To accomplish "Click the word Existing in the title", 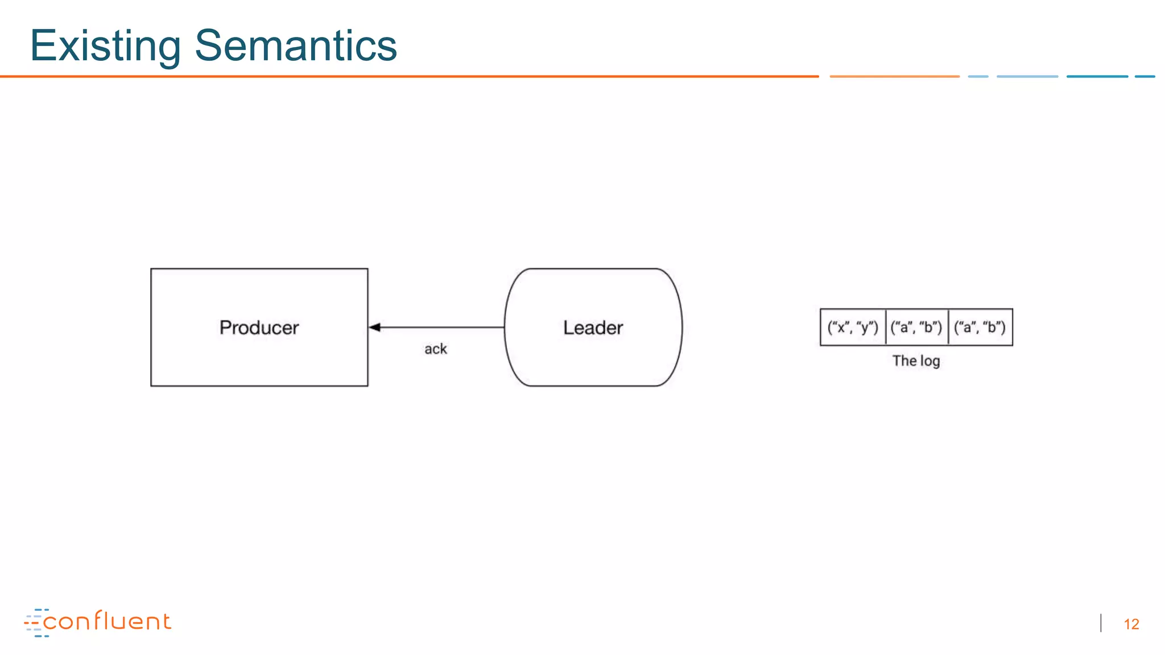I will point(105,45).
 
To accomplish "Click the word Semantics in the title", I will point(296,45).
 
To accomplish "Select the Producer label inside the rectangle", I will point(259,327).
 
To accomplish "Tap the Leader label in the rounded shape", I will point(593,327).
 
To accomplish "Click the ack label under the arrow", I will point(436,349).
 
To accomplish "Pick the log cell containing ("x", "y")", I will point(853,327).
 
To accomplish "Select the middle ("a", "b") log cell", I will point(916,327).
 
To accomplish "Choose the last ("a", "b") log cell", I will point(980,327).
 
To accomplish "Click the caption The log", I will point(916,361).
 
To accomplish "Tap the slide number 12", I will point(1131,624).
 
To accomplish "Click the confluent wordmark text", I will point(107,621).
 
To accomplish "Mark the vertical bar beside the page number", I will point(1101,623).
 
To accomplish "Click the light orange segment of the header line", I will point(894,76).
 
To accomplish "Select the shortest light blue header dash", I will point(978,76).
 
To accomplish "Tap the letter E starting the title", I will point(43,45).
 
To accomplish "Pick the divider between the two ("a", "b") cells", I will point(948,327).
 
